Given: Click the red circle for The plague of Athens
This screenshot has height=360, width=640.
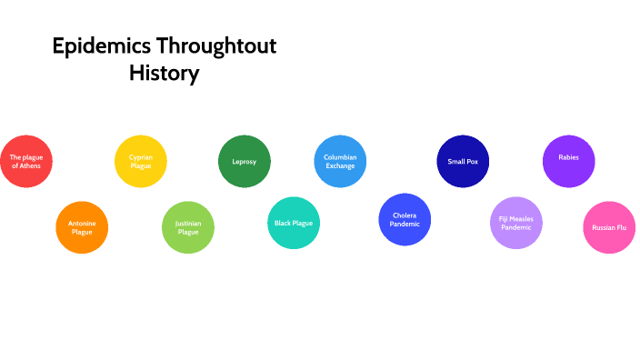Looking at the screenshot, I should click(26, 161).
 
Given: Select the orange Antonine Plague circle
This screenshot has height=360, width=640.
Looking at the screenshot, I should click(82, 226).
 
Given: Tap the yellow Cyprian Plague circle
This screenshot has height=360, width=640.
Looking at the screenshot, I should click(141, 161).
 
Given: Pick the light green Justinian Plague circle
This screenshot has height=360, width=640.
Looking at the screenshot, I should click(188, 226).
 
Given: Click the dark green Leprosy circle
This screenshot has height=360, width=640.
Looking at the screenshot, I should click(245, 161).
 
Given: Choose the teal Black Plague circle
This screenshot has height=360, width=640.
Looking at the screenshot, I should click(294, 222).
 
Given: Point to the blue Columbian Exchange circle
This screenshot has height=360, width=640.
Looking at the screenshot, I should click(340, 161).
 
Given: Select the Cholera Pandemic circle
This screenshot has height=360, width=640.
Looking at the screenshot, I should click(405, 219).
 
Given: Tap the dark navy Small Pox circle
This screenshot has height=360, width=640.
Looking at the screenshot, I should click(463, 161).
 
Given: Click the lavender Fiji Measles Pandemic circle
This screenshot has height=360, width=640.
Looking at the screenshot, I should click(516, 223).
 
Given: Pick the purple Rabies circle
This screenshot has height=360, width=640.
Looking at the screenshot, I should click(569, 161).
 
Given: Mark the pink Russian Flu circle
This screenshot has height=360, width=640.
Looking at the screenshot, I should click(609, 227).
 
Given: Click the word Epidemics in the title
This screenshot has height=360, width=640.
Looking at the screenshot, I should click(102, 46).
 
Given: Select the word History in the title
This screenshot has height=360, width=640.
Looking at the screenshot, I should click(164, 74).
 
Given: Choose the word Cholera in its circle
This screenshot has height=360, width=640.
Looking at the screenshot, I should click(405, 215).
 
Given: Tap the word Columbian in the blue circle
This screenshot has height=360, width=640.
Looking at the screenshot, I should click(340, 156).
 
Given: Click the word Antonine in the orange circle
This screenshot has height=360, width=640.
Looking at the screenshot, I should click(82, 222).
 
